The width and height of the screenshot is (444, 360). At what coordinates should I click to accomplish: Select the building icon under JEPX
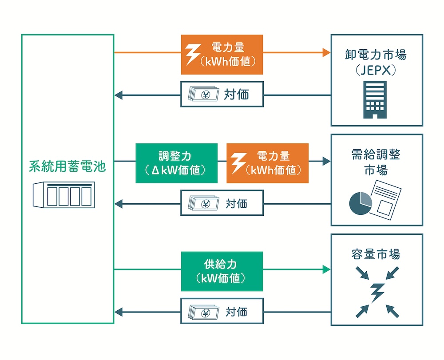pyautogui.click(x=375, y=100)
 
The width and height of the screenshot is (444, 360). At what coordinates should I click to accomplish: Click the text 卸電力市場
pyautogui.click(x=376, y=55)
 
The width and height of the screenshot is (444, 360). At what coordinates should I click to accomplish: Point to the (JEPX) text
pyautogui.click(x=376, y=70)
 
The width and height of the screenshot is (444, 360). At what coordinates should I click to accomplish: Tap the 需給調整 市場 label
pyautogui.click(x=376, y=162)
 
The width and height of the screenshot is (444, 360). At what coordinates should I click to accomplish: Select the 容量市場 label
pyautogui.click(x=376, y=254)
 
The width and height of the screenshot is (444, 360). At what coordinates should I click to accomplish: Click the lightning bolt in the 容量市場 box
pyautogui.click(x=377, y=292)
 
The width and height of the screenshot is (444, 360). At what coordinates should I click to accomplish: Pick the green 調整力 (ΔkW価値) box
pyautogui.click(x=176, y=163)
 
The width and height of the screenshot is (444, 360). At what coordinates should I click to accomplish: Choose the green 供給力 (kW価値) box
pyautogui.click(x=222, y=271)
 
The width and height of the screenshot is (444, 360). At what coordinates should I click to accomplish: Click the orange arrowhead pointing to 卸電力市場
pyautogui.click(x=327, y=53)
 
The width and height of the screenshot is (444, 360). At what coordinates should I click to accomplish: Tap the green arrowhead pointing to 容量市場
pyautogui.click(x=327, y=269)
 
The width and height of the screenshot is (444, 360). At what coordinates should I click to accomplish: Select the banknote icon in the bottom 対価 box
pyautogui.click(x=203, y=312)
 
